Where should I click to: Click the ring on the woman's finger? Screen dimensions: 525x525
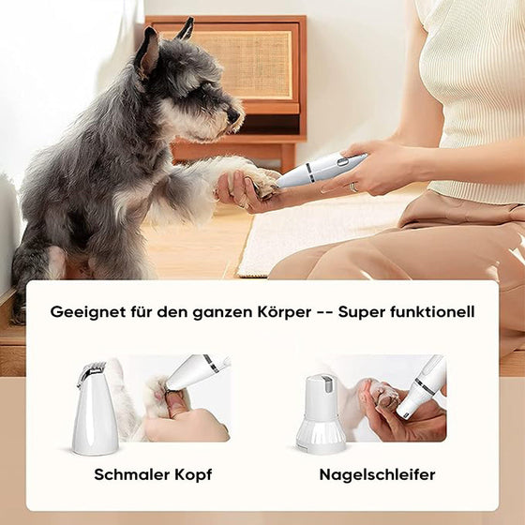click(x=352, y=187)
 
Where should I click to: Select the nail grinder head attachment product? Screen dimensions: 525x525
click(x=320, y=413)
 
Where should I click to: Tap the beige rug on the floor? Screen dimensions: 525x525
click(x=309, y=234)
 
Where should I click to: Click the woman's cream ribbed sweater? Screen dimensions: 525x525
click(x=473, y=94)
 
